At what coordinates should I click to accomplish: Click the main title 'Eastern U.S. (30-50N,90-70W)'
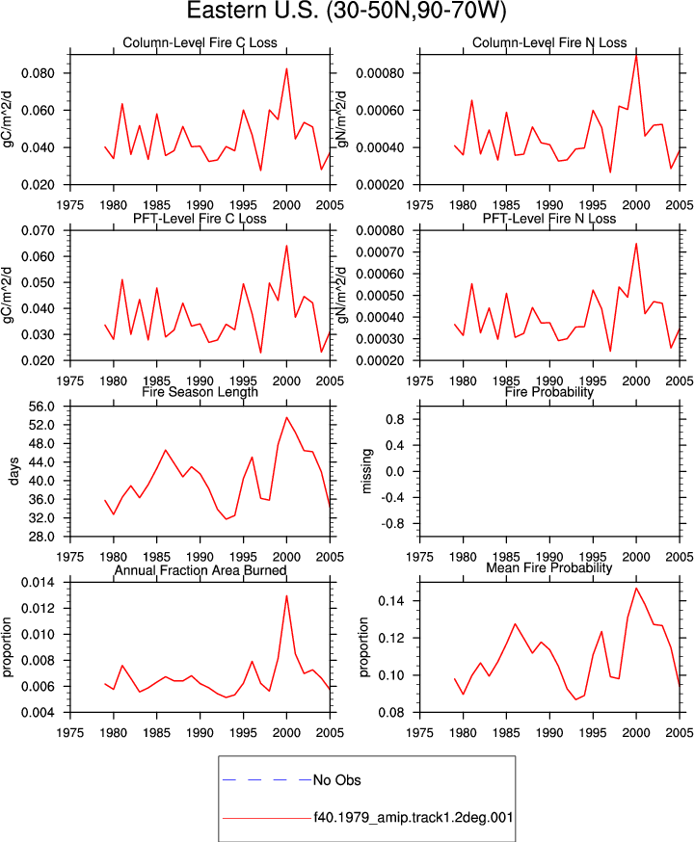pyautogui.click(x=346, y=11)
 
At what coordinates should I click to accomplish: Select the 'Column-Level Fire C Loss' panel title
pyautogui.click(x=200, y=43)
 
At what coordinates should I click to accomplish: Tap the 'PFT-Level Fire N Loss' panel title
pyautogui.click(x=549, y=219)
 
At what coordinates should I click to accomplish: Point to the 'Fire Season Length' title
pyautogui.click(x=200, y=392)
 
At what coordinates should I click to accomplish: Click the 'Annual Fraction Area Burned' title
pyautogui.click(x=200, y=570)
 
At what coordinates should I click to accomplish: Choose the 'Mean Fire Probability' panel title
pyautogui.click(x=549, y=567)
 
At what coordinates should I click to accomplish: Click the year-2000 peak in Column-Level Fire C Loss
pyautogui.click(x=286, y=68)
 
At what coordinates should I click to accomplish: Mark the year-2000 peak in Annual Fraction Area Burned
pyautogui.click(x=286, y=595)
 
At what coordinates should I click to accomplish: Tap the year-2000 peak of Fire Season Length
pyautogui.click(x=286, y=417)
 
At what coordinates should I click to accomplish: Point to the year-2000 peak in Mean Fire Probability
pyautogui.click(x=636, y=588)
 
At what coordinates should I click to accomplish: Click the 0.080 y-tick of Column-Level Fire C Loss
pyautogui.click(x=39, y=73)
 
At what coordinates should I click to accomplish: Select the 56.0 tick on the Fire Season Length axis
pyautogui.click(x=41, y=407)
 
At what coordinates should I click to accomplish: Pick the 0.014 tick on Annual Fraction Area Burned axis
pyautogui.click(x=39, y=582)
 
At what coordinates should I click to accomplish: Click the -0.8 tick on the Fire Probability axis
pyautogui.click(x=395, y=523)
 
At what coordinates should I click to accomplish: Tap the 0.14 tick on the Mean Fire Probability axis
pyautogui.click(x=391, y=601)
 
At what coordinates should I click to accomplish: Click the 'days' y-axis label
pyautogui.click(x=13, y=471)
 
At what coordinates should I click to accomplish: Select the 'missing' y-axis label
pyautogui.click(x=366, y=471)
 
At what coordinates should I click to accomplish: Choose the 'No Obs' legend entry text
pyautogui.click(x=336, y=779)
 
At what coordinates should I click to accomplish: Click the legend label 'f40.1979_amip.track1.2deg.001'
pyautogui.click(x=414, y=818)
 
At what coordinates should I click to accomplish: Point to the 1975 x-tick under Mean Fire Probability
pyautogui.click(x=419, y=732)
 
